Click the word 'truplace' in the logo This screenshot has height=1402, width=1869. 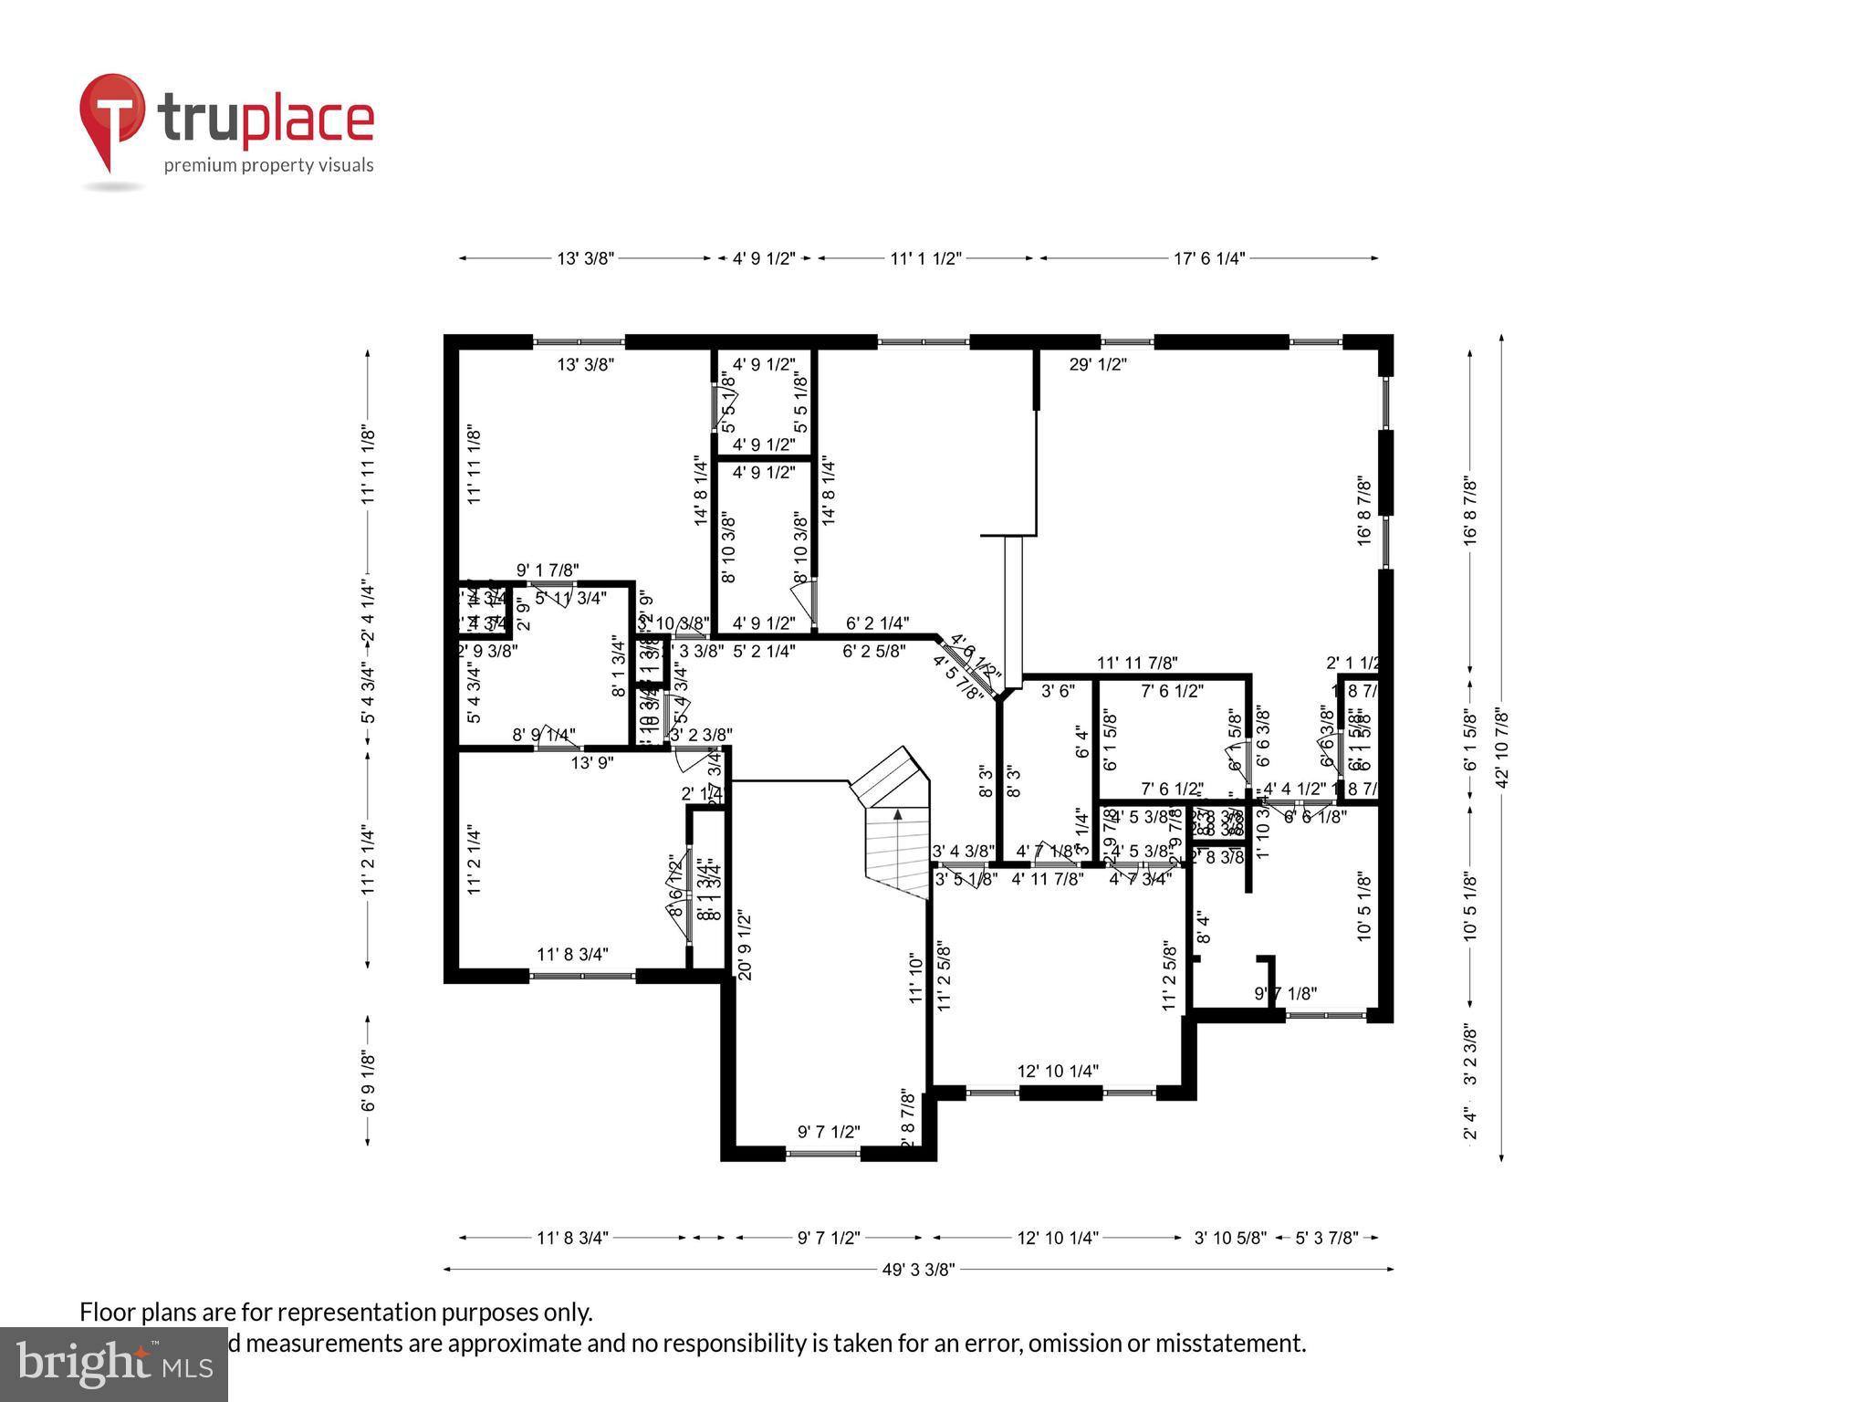point(266,120)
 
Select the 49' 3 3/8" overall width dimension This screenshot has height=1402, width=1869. point(918,1269)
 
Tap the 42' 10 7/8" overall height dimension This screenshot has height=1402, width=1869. point(1502,748)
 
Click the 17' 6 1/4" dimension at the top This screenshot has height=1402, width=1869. point(1208,258)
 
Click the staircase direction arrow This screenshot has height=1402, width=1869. point(897,815)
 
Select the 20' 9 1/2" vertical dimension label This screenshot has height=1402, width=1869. point(744,945)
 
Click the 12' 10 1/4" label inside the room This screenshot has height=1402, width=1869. point(1058,1071)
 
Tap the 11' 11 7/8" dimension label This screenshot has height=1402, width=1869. point(1137,663)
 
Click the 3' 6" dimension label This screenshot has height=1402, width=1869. point(1059,691)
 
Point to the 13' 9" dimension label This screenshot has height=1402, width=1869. point(592,763)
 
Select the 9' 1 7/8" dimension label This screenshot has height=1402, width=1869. point(548,570)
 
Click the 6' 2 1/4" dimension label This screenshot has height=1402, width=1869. point(877,623)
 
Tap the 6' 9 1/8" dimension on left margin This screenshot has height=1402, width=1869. point(368,1081)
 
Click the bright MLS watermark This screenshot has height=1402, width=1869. point(113,1364)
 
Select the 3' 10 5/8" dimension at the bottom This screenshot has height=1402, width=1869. point(1230,1238)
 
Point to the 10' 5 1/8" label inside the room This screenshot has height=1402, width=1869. point(1364,907)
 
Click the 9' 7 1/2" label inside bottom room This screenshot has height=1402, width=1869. point(829,1132)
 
